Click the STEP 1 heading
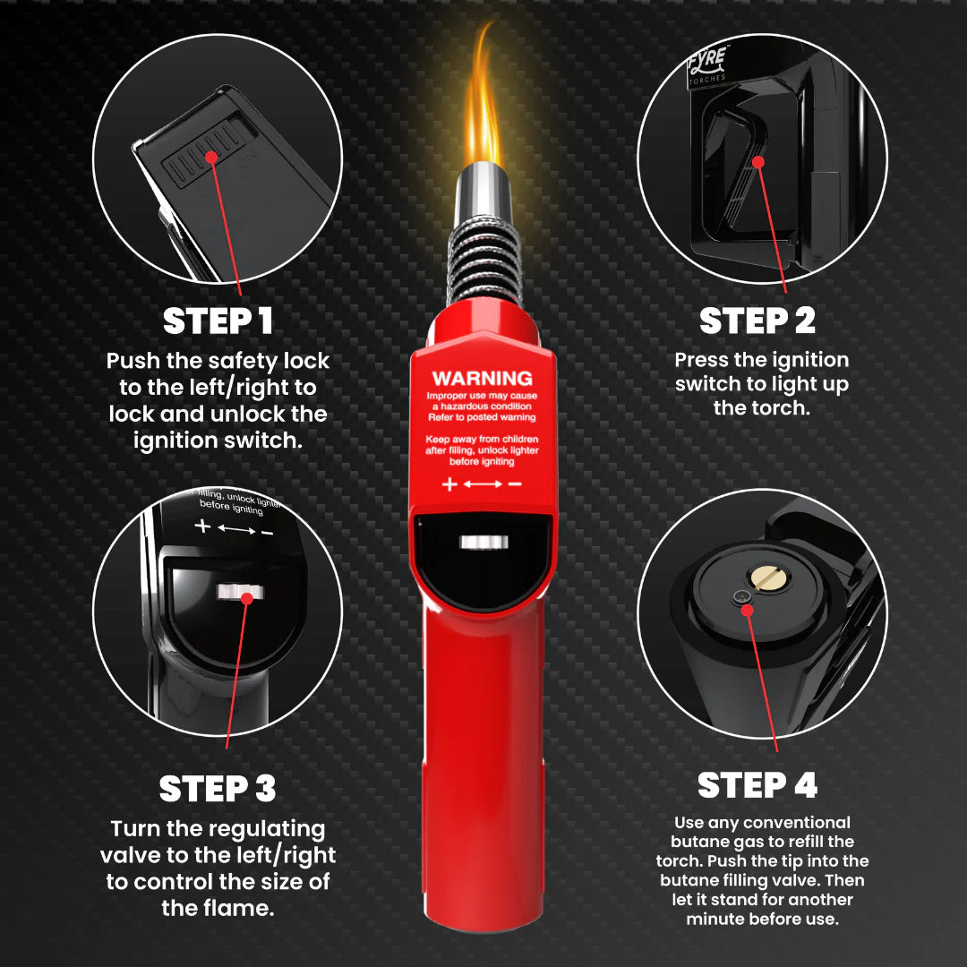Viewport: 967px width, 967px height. [218, 321]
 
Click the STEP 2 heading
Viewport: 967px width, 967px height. [757, 321]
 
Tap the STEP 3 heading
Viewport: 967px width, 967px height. [218, 789]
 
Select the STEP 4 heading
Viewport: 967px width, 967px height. [757, 785]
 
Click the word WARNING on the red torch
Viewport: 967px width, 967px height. [483, 378]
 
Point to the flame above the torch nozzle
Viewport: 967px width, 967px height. [483, 107]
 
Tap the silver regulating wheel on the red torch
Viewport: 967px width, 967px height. [483, 542]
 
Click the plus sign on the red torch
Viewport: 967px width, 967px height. [449, 484]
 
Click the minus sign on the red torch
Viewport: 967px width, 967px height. [515, 484]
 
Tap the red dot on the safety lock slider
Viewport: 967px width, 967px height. [212, 157]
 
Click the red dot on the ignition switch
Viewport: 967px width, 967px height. [758, 162]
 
